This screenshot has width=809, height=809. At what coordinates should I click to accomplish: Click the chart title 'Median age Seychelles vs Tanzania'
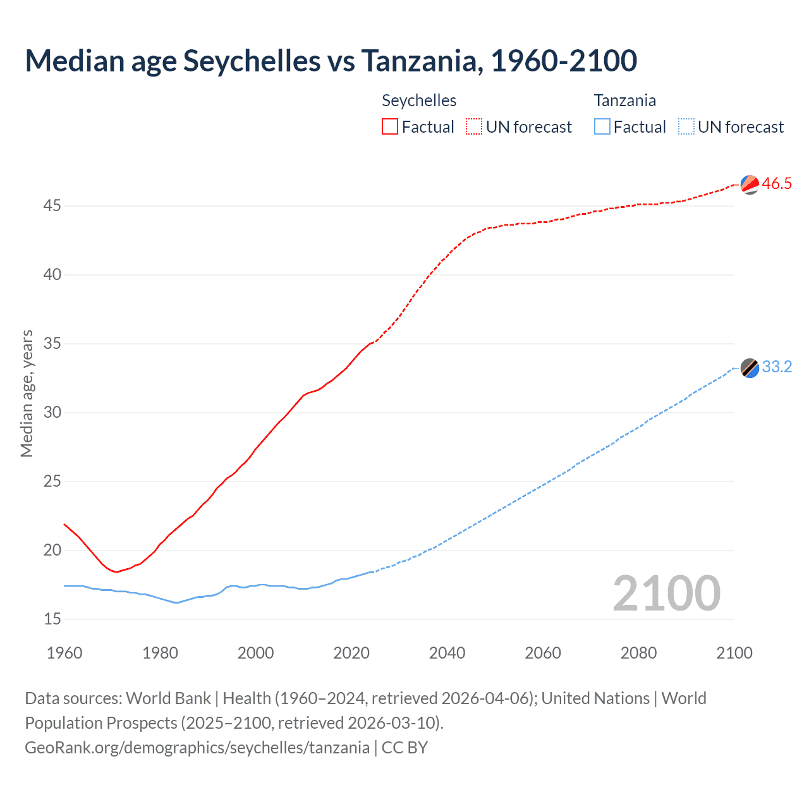point(331,61)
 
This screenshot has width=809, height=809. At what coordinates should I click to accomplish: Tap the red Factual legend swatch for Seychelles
point(390,126)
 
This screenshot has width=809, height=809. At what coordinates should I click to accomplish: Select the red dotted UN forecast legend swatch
point(474,126)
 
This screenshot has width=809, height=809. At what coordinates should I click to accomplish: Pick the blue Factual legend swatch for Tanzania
point(602,126)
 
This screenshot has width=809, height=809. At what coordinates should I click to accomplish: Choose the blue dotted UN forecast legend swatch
point(686,126)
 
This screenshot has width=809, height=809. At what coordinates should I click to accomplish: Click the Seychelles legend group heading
point(419,100)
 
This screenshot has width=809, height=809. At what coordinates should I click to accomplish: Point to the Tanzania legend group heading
point(624,100)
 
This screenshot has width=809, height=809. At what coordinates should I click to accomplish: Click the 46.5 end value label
point(777,184)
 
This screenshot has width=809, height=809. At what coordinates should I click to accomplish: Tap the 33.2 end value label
point(777,367)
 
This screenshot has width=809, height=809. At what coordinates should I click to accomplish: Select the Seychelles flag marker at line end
point(750,185)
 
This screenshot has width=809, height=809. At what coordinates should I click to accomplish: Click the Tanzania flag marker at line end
point(750,368)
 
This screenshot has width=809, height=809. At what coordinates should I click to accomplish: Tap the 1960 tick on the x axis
point(64,653)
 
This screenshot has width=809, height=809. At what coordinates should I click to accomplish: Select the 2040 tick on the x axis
point(447,653)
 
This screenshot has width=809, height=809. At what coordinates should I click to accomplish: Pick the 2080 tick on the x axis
point(638,653)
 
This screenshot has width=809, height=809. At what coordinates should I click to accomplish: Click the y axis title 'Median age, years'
point(27,393)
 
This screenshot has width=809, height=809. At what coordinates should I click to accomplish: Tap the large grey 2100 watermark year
point(666,593)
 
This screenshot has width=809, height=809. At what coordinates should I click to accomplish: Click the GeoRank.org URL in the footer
point(197,748)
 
